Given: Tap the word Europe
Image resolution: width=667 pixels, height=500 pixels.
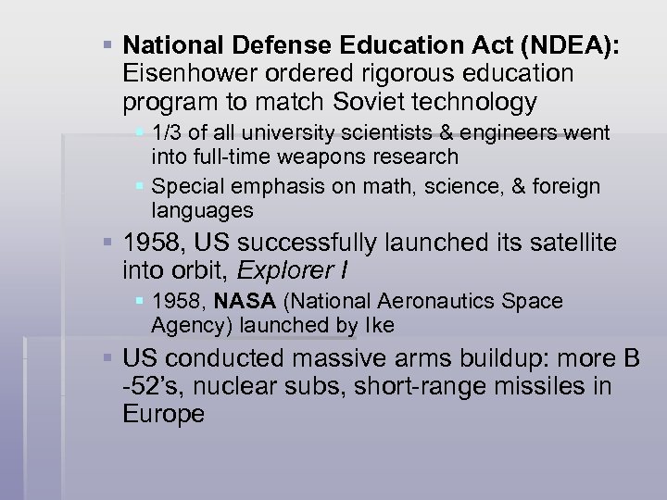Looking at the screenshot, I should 163,414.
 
